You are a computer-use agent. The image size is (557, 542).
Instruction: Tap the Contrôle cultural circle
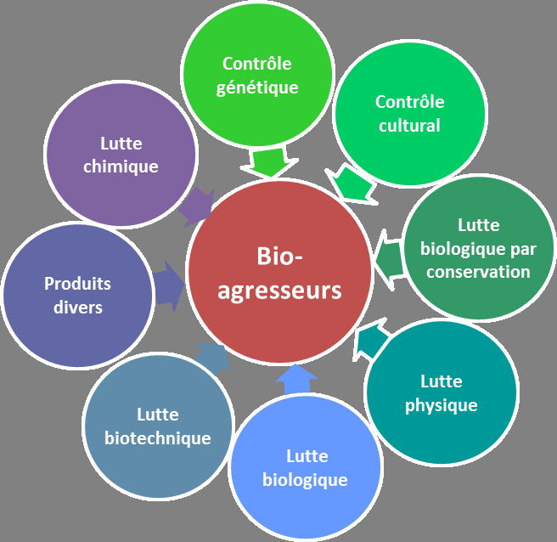(x=409, y=114)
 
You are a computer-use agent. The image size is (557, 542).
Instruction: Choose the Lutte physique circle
(x=441, y=393)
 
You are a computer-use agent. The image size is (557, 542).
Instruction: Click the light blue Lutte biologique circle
(x=305, y=467)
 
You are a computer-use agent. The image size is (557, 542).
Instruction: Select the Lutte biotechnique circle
(x=158, y=426)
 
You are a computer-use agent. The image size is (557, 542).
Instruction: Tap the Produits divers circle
(x=77, y=295)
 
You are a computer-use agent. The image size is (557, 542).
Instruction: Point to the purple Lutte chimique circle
(x=121, y=155)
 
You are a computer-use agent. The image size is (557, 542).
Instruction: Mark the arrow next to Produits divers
(x=169, y=286)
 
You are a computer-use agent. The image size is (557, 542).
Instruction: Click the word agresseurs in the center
(x=279, y=291)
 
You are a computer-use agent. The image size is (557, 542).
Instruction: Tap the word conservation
(x=478, y=272)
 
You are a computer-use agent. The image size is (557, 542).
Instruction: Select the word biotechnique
(x=158, y=438)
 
